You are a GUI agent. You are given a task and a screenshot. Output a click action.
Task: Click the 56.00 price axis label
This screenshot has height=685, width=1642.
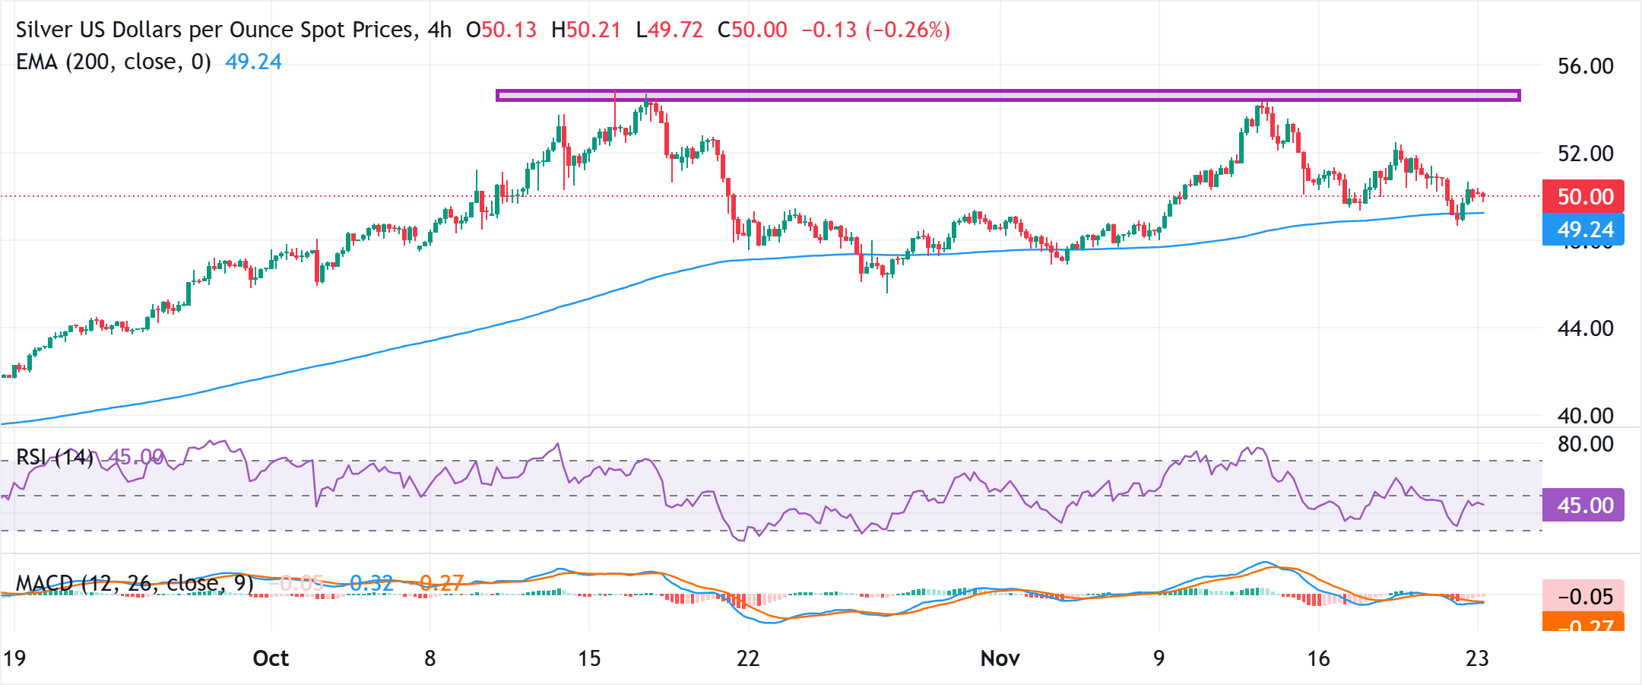pos(1585,66)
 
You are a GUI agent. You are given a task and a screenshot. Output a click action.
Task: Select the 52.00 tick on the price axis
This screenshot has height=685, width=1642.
pos(1585,154)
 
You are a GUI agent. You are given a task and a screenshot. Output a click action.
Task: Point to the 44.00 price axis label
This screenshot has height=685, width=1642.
pos(1585,328)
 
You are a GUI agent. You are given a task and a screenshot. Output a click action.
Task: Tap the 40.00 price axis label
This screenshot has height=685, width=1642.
pos(1585,416)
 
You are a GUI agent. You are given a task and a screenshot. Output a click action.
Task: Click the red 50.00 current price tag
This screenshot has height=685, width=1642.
pos(1583,197)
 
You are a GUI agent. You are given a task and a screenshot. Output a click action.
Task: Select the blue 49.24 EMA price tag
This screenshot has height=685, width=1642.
pos(1583,229)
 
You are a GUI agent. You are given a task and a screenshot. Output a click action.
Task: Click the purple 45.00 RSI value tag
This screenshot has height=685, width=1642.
pos(1583,506)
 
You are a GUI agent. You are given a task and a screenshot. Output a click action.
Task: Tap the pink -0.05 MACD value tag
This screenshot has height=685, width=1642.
pos(1583,597)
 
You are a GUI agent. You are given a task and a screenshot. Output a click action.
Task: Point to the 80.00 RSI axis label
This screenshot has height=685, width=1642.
pos(1585,444)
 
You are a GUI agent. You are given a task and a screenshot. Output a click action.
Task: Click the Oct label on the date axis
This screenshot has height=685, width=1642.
pos(271,658)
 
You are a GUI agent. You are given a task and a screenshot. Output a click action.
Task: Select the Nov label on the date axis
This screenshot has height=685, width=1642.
pos(1000,658)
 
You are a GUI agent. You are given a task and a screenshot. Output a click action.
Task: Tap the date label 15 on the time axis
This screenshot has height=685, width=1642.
pos(589,658)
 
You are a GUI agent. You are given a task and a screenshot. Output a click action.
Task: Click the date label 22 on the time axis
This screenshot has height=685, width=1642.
pos(748,658)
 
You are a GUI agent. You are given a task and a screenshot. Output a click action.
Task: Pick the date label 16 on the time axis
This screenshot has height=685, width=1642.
pos(1318,658)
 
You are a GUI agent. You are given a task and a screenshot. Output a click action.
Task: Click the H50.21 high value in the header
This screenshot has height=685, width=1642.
pos(586,30)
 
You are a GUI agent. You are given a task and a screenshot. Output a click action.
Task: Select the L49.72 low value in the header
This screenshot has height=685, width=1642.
pos(670,30)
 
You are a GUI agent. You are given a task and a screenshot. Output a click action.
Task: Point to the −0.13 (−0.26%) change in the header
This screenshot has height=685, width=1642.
pos(876,30)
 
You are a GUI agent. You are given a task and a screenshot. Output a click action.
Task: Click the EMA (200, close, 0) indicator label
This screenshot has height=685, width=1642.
pos(114,62)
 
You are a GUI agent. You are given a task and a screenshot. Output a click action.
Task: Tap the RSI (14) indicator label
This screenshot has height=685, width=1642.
pos(55,458)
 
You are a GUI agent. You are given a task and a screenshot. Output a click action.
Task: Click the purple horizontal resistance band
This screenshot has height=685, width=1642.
pos(1008,95)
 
